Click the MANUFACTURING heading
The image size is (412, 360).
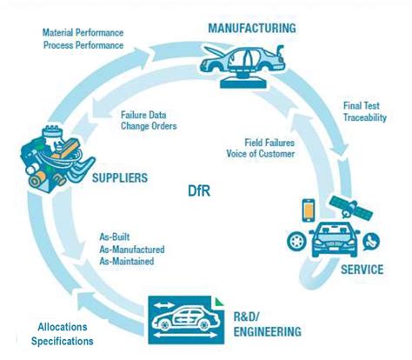251,27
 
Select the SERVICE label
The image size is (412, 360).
361,269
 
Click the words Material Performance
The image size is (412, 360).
84,32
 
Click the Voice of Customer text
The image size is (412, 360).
271,155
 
